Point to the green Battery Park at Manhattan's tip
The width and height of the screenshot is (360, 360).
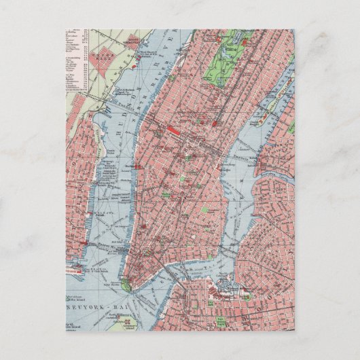(126, 285)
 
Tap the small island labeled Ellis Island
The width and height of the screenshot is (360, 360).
(82, 278)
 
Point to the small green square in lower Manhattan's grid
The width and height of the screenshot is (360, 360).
(181, 179)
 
